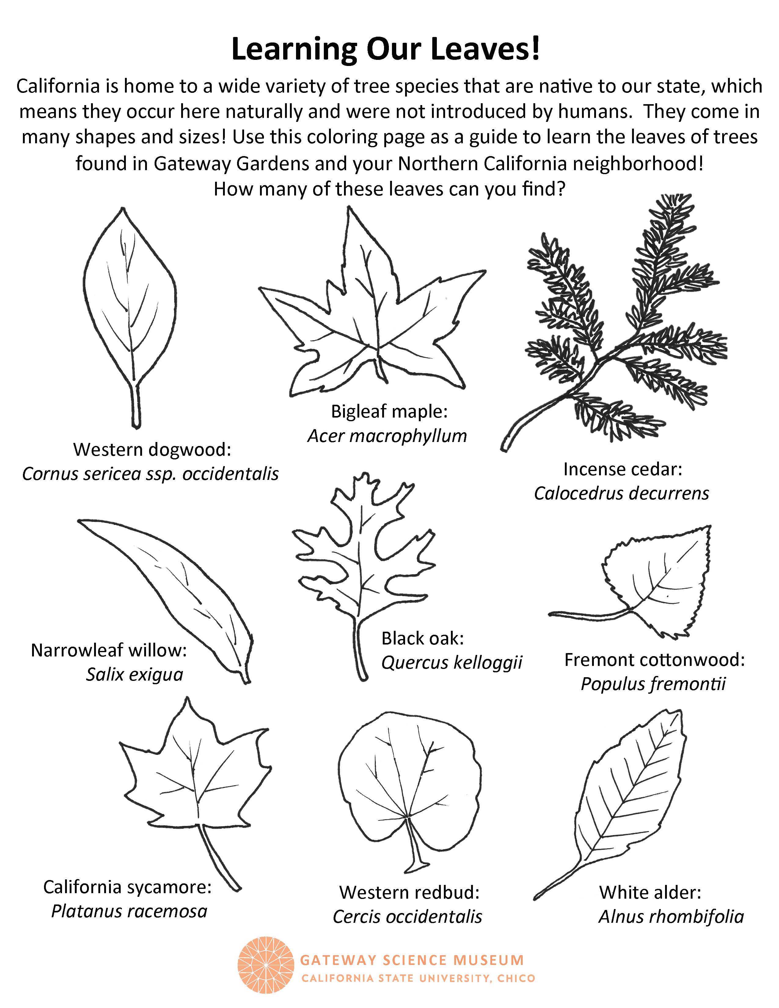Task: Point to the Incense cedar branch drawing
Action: pyautogui.click(x=614, y=323)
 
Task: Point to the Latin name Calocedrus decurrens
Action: pyautogui.click(x=621, y=493)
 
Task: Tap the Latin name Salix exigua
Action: pyautogui.click(x=135, y=675)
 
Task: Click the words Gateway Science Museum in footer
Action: pyautogui.click(x=412, y=960)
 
